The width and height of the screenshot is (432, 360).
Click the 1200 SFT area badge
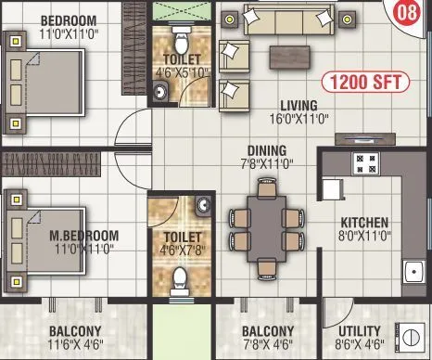point(369,81)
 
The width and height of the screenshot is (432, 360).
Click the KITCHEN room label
point(364,223)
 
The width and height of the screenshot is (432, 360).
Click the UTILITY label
point(359,330)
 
